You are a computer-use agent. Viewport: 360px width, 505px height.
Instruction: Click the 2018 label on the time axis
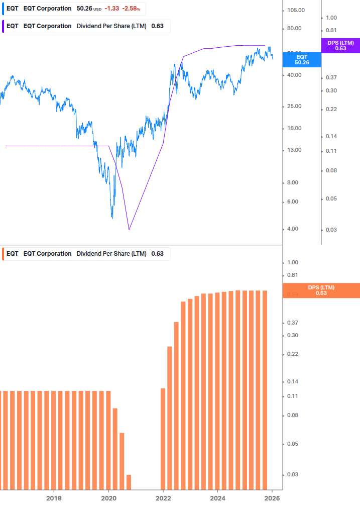pos(54,498)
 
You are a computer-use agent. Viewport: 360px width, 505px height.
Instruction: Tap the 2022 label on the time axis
pos(163,498)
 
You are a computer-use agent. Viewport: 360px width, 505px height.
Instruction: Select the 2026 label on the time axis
pos(272,498)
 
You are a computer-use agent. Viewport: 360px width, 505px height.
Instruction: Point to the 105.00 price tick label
pos(296,10)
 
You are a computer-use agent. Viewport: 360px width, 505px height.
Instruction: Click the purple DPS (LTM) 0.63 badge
pos(340,46)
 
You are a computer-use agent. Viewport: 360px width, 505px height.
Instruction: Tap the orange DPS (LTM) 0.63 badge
pos(321,290)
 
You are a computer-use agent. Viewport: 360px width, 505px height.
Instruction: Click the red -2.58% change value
pos(131,9)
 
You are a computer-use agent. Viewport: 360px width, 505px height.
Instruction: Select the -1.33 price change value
pos(111,9)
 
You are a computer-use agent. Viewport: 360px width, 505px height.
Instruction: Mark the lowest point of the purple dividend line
pos(129,230)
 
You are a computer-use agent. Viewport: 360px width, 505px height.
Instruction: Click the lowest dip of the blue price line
pos(112,218)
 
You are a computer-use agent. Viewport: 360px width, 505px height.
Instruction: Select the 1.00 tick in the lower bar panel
pos(293,262)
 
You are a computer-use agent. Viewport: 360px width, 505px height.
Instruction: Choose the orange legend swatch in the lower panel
pos(3,254)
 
